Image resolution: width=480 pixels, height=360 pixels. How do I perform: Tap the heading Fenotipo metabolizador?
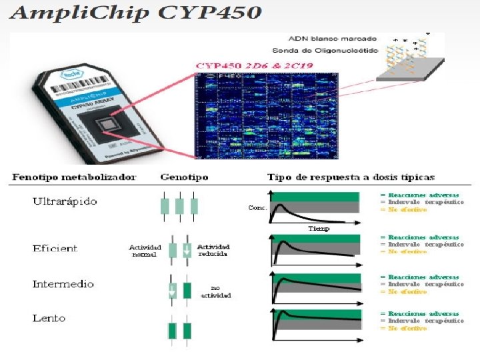pos(74,177)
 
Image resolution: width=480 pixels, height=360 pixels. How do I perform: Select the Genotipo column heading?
pos(184,177)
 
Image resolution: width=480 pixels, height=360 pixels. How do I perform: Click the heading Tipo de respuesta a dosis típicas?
pos(351,177)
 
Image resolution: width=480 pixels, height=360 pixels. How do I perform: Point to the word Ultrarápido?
pos(65,201)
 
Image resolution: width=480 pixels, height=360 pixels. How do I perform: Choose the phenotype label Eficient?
pos(55,248)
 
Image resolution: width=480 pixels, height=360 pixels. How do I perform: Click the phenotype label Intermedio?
pos(63,284)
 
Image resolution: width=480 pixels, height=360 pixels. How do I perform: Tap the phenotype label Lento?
pos(49,318)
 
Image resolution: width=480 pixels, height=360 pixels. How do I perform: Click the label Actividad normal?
pos(145,251)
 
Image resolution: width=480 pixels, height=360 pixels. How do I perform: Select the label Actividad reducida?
pos(213,251)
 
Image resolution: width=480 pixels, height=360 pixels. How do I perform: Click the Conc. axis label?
pos(257,208)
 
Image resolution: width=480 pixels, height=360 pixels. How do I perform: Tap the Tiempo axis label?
pos(319,228)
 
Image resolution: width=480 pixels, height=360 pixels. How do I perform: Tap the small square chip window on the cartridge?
pos(106,125)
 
